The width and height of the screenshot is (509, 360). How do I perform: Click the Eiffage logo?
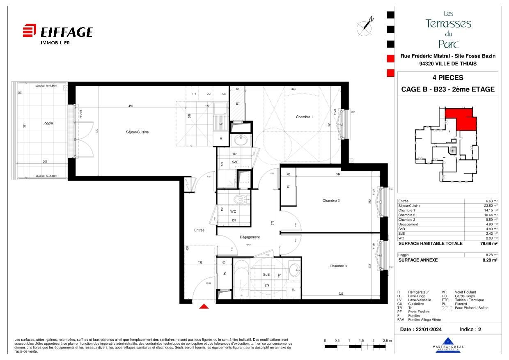pyautogui.click(x=57, y=33)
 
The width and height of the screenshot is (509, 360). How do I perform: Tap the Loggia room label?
pyautogui.click(x=48, y=123)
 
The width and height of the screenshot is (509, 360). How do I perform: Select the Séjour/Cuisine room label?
pyautogui.click(x=137, y=132)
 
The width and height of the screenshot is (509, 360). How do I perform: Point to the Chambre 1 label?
pyautogui.click(x=304, y=117)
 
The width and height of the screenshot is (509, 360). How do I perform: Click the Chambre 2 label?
pyautogui.click(x=331, y=201)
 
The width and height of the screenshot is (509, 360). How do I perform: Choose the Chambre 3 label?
pyautogui.click(x=338, y=266)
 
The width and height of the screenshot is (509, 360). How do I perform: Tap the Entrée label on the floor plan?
pyautogui.click(x=199, y=230)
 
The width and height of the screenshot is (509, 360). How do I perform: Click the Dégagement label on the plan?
pyautogui.click(x=250, y=237)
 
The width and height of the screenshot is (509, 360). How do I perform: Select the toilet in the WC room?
pyautogui.click(x=238, y=200)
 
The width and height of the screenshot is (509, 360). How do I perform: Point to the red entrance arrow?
pyautogui.click(x=204, y=306)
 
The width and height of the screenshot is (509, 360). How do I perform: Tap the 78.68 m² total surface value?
pyautogui.click(x=489, y=243)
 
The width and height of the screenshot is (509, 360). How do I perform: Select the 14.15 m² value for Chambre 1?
pyautogui.click(x=491, y=210)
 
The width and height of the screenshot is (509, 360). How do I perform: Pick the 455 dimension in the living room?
pyautogui.click(x=131, y=106)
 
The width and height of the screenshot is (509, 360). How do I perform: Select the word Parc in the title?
pyautogui.click(x=448, y=44)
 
